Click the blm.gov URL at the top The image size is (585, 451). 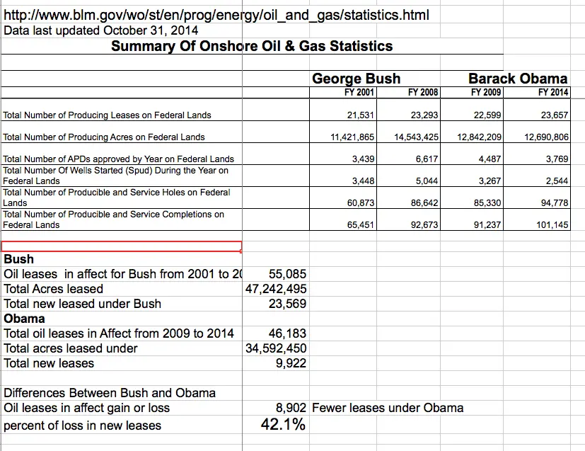tap(216, 15)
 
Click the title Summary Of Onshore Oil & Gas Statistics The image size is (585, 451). tap(252, 47)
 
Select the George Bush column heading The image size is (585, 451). tap(357, 79)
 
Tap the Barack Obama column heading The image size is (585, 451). tap(518, 79)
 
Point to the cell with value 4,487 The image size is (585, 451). tap(490, 159)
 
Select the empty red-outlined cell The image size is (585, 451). tap(121, 246)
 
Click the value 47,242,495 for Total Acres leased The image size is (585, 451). tap(277, 289)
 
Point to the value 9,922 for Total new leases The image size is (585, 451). tap(291, 363)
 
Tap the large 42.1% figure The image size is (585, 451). tap(283, 425)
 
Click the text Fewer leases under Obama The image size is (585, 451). tap(388, 407)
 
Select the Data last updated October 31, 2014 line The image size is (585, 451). tap(101, 30)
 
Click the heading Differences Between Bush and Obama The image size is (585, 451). tap(110, 393)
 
